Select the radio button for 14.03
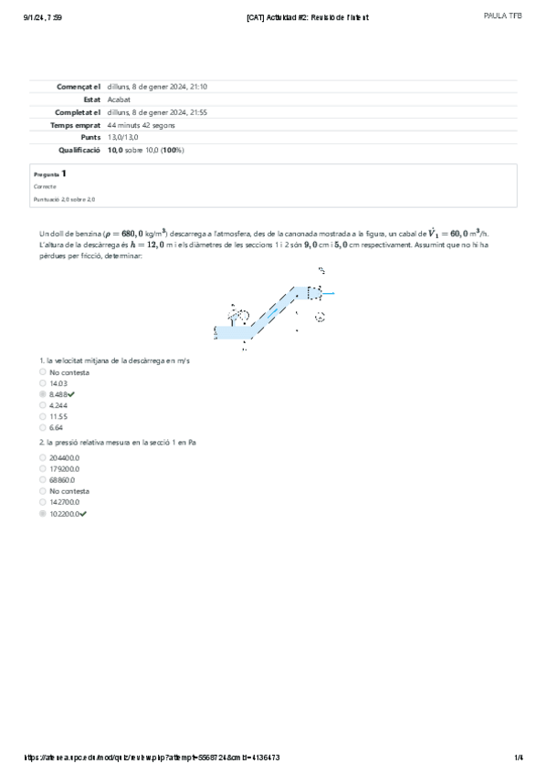(x=43, y=383)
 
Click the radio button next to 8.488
(x=43, y=394)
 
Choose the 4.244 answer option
(x=43, y=405)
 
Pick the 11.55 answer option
(x=43, y=416)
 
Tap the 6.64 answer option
(x=43, y=427)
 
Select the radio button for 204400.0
(x=43, y=457)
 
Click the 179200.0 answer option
(x=43, y=468)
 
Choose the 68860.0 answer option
(x=43, y=479)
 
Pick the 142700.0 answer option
(x=43, y=502)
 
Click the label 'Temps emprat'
(x=76, y=123)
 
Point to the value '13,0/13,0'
(x=122, y=136)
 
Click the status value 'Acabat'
(x=118, y=99)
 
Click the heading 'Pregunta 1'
(x=49, y=173)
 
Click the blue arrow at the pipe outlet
(x=331, y=293)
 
